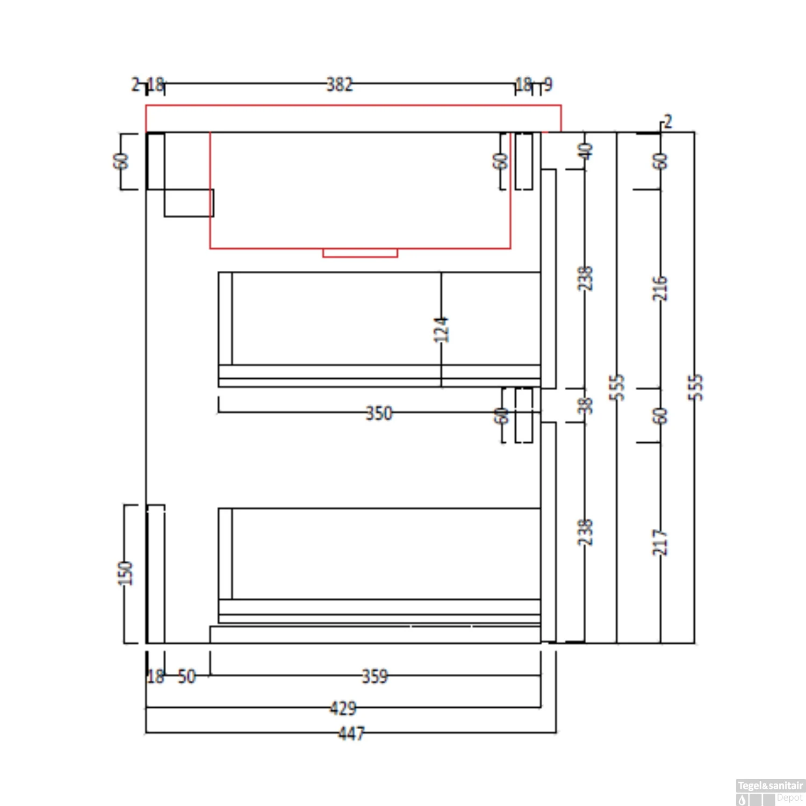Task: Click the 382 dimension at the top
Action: coord(340,84)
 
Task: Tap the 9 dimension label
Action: coord(548,84)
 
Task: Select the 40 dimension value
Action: coord(586,151)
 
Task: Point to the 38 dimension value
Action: coord(586,405)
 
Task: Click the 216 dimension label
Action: coord(660,289)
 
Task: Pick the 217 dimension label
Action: coord(660,542)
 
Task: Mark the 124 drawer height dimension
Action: coord(441,329)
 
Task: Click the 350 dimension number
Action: coord(379,413)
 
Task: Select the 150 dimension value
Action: coord(125,573)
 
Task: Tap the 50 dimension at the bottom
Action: coord(186,677)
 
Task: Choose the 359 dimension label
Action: coord(375,676)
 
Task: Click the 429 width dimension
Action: coord(343,708)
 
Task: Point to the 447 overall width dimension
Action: coord(351,733)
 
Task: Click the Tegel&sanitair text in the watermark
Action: coord(770,786)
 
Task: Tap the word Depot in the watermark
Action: coord(789,798)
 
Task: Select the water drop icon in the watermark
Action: coord(743,800)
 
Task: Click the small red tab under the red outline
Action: coord(360,253)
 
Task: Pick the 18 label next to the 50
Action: coord(155,677)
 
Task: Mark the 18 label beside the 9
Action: coord(523,84)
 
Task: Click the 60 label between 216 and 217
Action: coord(660,415)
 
